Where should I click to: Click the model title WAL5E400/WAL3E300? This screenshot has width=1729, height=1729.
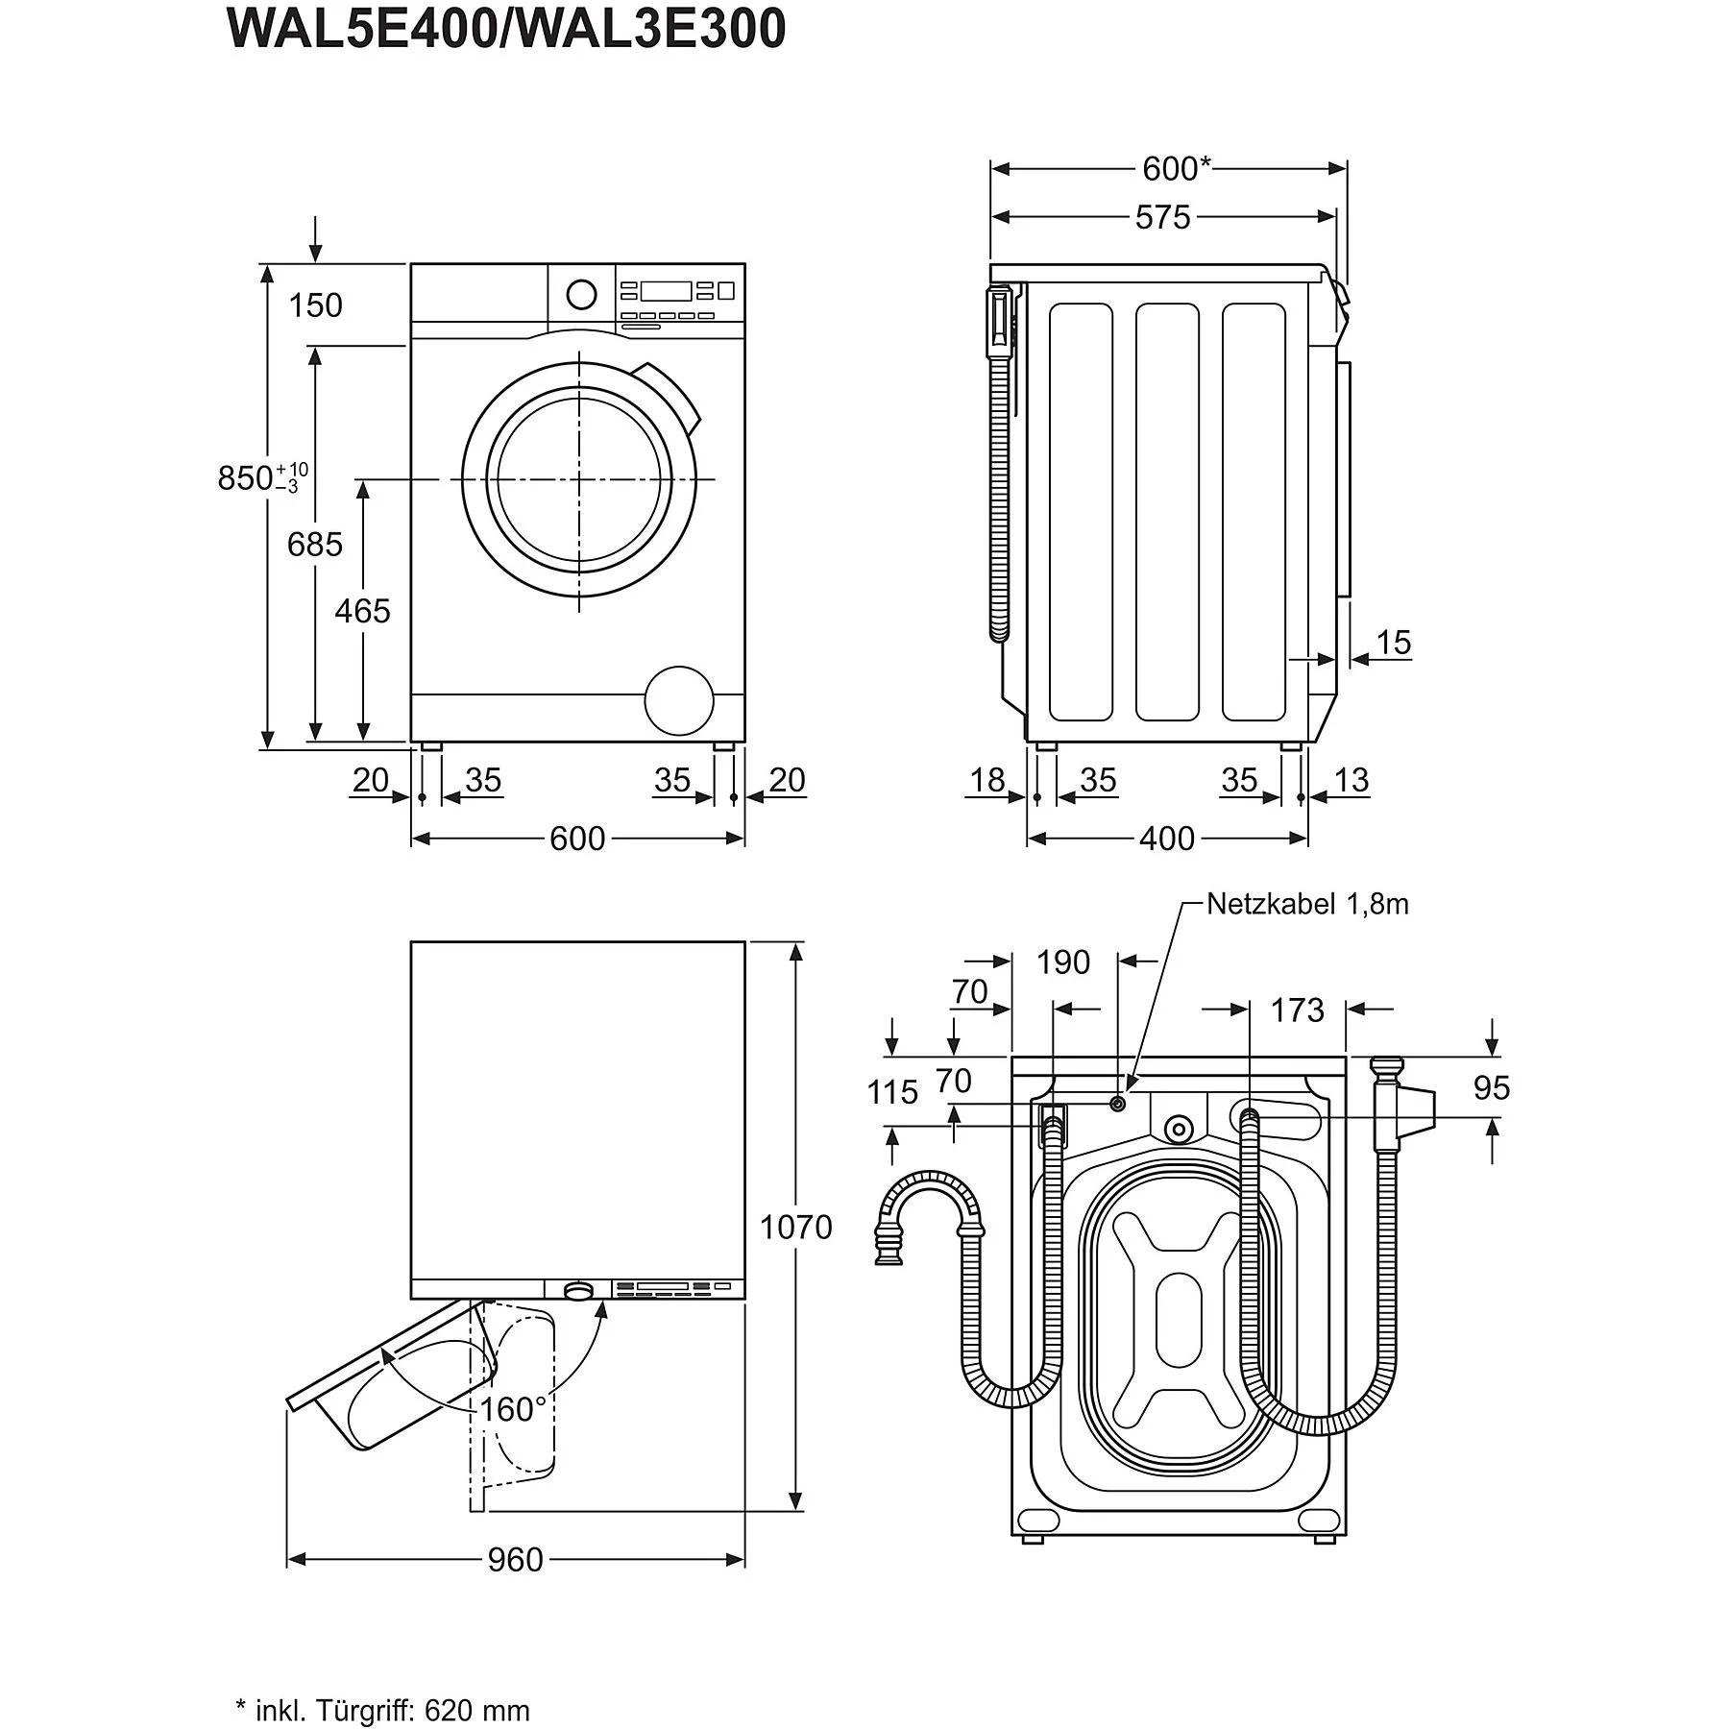tap(506, 29)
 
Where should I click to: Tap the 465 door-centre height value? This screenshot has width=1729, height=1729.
tap(362, 610)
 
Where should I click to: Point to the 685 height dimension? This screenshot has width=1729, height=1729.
tap(314, 545)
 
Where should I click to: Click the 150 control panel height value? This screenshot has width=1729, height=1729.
tap(315, 305)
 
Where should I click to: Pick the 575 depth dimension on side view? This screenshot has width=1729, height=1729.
tap(1162, 218)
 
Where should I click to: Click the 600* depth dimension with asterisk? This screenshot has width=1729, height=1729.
tap(1176, 169)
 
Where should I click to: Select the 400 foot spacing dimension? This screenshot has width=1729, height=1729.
tap(1166, 839)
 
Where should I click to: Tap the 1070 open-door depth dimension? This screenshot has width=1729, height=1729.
tap(795, 1228)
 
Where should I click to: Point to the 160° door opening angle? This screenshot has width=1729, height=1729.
tap(513, 1409)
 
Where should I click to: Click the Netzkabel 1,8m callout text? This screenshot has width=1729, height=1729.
tap(1306, 904)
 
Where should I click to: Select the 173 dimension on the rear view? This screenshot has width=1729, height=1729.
tap(1297, 1011)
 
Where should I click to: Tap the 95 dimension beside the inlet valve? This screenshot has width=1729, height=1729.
tap(1492, 1087)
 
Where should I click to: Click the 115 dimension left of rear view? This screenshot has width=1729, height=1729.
tap(892, 1092)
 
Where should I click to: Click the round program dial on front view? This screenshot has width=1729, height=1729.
tap(581, 294)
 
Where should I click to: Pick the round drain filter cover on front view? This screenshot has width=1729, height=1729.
tap(679, 701)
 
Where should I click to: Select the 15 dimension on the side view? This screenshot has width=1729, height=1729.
tap(1393, 643)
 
